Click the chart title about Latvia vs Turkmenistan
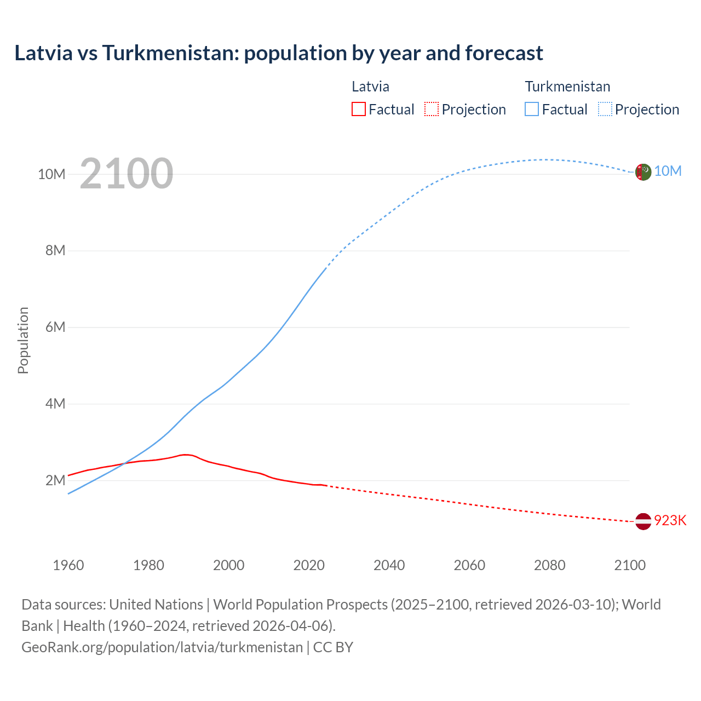tap(279, 53)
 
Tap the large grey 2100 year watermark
tap(127, 174)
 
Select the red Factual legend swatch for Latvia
tap(358, 110)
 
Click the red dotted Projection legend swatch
tap(432, 110)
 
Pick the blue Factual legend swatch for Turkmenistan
tap(531, 110)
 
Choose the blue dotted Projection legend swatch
tap(605, 110)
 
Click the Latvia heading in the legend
tap(370, 87)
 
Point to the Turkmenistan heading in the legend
tap(567, 87)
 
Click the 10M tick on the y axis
tap(51, 174)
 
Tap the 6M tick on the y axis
tap(55, 327)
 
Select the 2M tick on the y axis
tap(55, 480)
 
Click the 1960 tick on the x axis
tap(68, 565)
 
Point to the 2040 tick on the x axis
tap(389, 565)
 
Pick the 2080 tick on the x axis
tap(549, 565)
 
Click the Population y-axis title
tap(23, 340)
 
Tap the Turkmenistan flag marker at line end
tap(643, 172)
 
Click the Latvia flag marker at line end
tap(643, 521)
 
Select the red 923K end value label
tap(670, 520)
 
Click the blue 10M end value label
tap(668, 171)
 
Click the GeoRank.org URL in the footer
tap(162, 647)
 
